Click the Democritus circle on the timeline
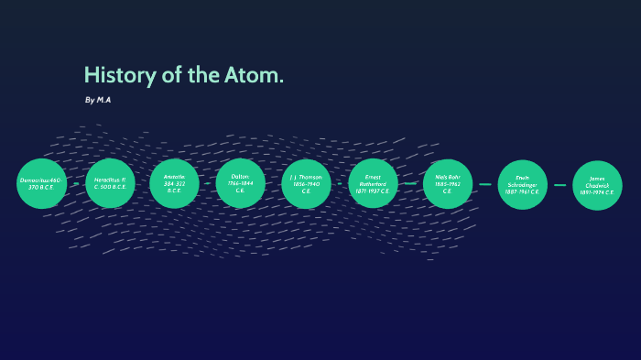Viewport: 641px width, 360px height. [x=42, y=183]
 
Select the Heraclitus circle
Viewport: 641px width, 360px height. [x=110, y=183]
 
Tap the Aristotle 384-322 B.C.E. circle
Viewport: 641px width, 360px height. [x=174, y=183]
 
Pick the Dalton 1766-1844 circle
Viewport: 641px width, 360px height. [x=240, y=183]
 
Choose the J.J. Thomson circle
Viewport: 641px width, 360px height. [x=307, y=183]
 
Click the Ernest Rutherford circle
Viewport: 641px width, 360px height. [x=373, y=183]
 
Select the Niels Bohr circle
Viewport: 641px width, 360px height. [x=448, y=183]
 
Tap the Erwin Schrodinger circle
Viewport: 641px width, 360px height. [x=522, y=184]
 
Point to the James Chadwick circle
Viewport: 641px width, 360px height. [x=597, y=185]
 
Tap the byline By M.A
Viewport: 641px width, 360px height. [x=97, y=99]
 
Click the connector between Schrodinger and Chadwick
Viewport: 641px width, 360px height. [x=560, y=185]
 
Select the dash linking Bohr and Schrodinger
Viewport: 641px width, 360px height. [x=484, y=184]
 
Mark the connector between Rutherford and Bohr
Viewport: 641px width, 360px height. [x=410, y=183]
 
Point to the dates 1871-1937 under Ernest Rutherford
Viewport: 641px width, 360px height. [x=373, y=191]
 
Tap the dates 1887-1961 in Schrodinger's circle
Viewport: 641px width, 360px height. [x=522, y=192]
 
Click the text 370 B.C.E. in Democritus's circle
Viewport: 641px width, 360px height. [x=41, y=188]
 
